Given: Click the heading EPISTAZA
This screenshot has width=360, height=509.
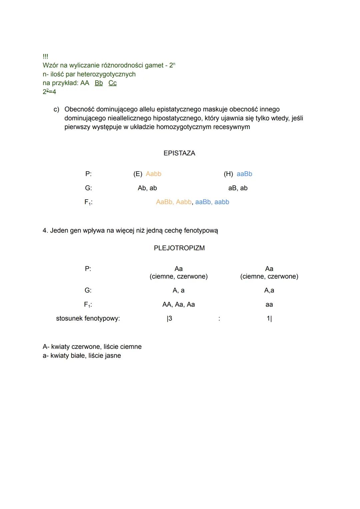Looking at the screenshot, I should click(179, 153).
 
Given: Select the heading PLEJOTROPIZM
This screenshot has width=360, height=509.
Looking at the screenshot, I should click(179, 248).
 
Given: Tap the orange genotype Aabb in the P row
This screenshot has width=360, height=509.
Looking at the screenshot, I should click(154, 174).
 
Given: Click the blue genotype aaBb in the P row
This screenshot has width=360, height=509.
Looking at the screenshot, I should click(244, 174).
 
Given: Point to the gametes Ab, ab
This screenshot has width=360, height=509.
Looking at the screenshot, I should click(147, 188).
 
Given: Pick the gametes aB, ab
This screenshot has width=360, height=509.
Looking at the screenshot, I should click(238, 188).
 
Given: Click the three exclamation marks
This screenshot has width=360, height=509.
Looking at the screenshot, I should click(45, 57).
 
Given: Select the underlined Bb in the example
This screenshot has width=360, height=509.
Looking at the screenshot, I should click(99, 83).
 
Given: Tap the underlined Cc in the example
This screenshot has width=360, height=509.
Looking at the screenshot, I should click(113, 83).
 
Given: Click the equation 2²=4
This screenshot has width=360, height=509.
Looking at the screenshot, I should click(49, 92).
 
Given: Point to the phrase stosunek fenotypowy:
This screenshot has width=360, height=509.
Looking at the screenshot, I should click(88, 318).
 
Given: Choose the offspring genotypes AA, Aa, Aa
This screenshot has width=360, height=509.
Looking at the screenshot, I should click(178, 304).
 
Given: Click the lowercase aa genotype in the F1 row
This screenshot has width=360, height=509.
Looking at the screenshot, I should click(269, 304).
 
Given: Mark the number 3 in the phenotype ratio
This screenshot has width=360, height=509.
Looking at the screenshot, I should click(170, 318).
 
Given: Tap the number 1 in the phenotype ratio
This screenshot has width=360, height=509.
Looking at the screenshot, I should click(268, 318).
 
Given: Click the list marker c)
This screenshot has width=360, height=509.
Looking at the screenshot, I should click(56, 109).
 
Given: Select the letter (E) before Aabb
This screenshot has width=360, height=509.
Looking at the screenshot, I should click(138, 174).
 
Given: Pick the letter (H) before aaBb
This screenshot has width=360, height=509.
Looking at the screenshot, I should click(228, 174).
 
